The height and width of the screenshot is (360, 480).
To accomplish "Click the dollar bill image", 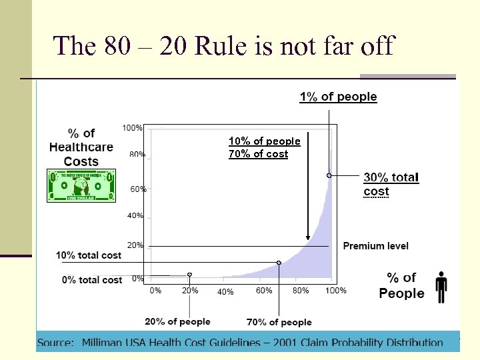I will click(81, 185).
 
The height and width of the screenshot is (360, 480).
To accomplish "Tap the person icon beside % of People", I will click(441, 286).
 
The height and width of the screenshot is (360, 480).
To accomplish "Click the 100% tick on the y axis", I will click(132, 127).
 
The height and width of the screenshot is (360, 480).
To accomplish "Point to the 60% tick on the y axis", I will click(138, 189).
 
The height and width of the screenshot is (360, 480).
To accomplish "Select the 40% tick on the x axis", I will click(225, 292).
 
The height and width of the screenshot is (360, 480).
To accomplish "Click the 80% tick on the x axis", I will click(301, 291).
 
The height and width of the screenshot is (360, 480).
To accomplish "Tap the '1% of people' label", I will click(338, 97).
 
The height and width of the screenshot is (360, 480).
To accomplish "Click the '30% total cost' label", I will click(391, 185).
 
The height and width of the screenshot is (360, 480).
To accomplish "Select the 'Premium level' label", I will click(375, 246).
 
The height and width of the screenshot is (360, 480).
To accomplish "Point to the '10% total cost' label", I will click(89, 255).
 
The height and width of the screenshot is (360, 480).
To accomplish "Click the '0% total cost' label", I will click(92, 280).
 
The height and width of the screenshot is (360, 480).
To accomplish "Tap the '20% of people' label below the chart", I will click(177, 321).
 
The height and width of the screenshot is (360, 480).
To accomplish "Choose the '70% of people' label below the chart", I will click(279, 322).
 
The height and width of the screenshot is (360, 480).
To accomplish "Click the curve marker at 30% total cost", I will click(329, 175).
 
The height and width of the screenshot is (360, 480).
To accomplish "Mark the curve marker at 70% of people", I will click(279, 263).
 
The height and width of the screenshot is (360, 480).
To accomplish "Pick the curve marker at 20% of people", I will click(190, 275).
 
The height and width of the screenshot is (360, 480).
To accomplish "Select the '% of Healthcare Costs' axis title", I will click(81, 147).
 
